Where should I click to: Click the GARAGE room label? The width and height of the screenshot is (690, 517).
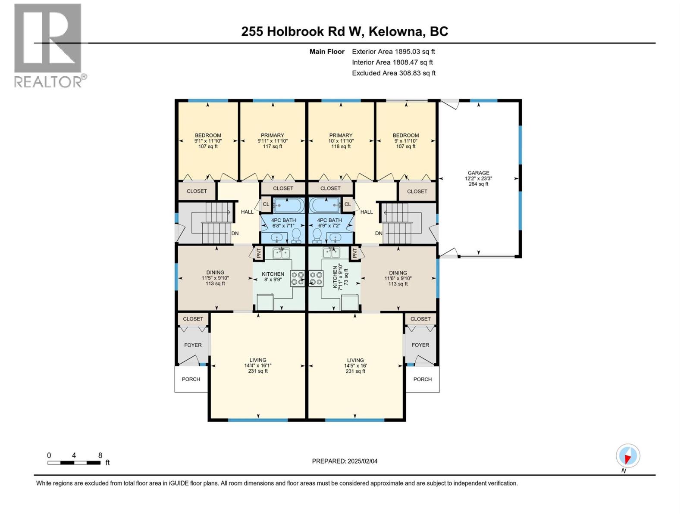pyautogui.click(x=478, y=173)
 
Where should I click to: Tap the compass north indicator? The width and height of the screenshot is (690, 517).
pyautogui.click(x=628, y=456)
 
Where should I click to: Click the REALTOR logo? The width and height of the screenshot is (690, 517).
pyautogui.click(x=48, y=45)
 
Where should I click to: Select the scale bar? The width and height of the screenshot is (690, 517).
pyautogui.click(x=74, y=463)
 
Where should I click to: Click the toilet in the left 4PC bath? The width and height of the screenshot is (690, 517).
pyautogui.click(x=296, y=235)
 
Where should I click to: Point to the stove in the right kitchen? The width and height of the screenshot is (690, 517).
pyautogui.click(x=316, y=278)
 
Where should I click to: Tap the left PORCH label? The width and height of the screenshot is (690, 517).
pyautogui.click(x=191, y=379)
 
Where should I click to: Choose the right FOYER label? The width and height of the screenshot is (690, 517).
pyautogui.click(x=420, y=345)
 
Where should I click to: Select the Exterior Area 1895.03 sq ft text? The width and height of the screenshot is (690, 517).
pyautogui.click(x=393, y=51)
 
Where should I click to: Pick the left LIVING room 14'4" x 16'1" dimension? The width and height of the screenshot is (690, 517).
pyautogui.click(x=258, y=365)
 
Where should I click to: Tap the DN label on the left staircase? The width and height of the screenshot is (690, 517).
pyautogui.click(x=235, y=234)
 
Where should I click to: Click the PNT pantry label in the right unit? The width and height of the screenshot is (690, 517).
pyautogui.click(x=355, y=253)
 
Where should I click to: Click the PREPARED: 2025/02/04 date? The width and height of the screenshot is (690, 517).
pyautogui.click(x=345, y=461)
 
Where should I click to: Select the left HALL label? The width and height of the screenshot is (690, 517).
pyautogui.click(x=247, y=212)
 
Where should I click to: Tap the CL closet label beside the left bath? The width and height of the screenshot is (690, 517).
pyautogui.click(x=266, y=204)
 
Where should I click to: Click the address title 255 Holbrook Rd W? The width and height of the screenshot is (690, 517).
pyautogui.click(x=345, y=31)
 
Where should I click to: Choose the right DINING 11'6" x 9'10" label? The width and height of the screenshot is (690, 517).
pyautogui.click(x=398, y=278)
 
